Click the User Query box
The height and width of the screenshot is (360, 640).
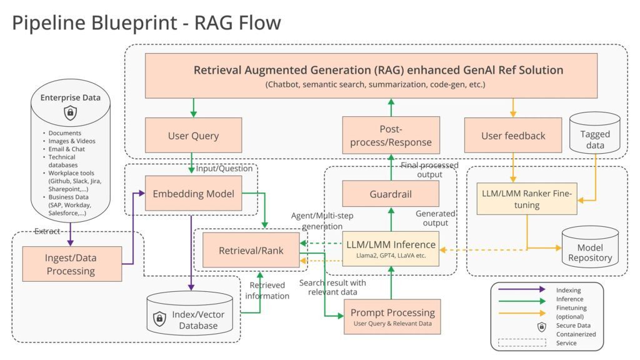(193, 136)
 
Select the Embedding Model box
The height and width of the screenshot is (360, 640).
(194, 194)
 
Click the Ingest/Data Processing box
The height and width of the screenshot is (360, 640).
(71, 264)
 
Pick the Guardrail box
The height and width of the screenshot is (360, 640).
(391, 194)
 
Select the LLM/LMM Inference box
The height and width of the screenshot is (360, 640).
(391, 248)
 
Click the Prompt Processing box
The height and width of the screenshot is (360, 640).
(392, 317)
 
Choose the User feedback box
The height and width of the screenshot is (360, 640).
(513, 136)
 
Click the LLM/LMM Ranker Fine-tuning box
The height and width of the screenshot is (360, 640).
(526, 199)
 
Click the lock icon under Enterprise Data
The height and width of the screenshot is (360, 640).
(71, 113)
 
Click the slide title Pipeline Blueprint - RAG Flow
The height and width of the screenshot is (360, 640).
(147, 23)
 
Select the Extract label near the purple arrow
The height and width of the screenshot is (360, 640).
(47, 231)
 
